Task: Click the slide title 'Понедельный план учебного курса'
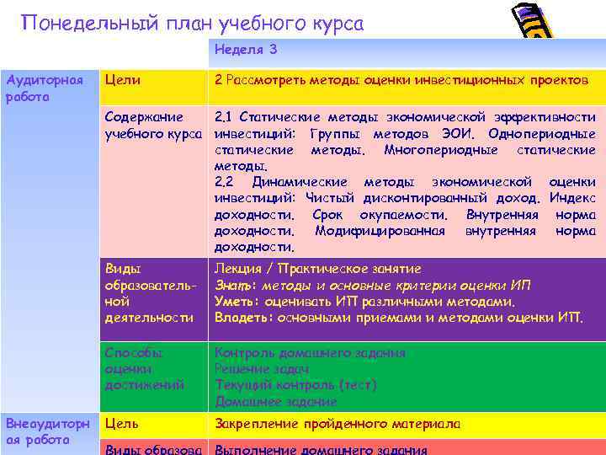click(x=193, y=23)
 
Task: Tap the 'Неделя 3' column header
click(x=246, y=50)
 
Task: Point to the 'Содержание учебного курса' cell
click(x=152, y=126)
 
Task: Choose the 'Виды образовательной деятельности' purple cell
click(x=151, y=292)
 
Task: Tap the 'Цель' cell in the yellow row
click(x=122, y=424)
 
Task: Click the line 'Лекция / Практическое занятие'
click(x=317, y=269)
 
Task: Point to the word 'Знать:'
click(x=233, y=285)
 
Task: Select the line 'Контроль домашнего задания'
click(x=310, y=353)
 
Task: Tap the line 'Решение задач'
click(x=262, y=369)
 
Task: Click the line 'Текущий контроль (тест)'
click(x=295, y=385)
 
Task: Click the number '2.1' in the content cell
click(x=225, y=117)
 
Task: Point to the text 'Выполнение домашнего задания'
click(x=321, y=449)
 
